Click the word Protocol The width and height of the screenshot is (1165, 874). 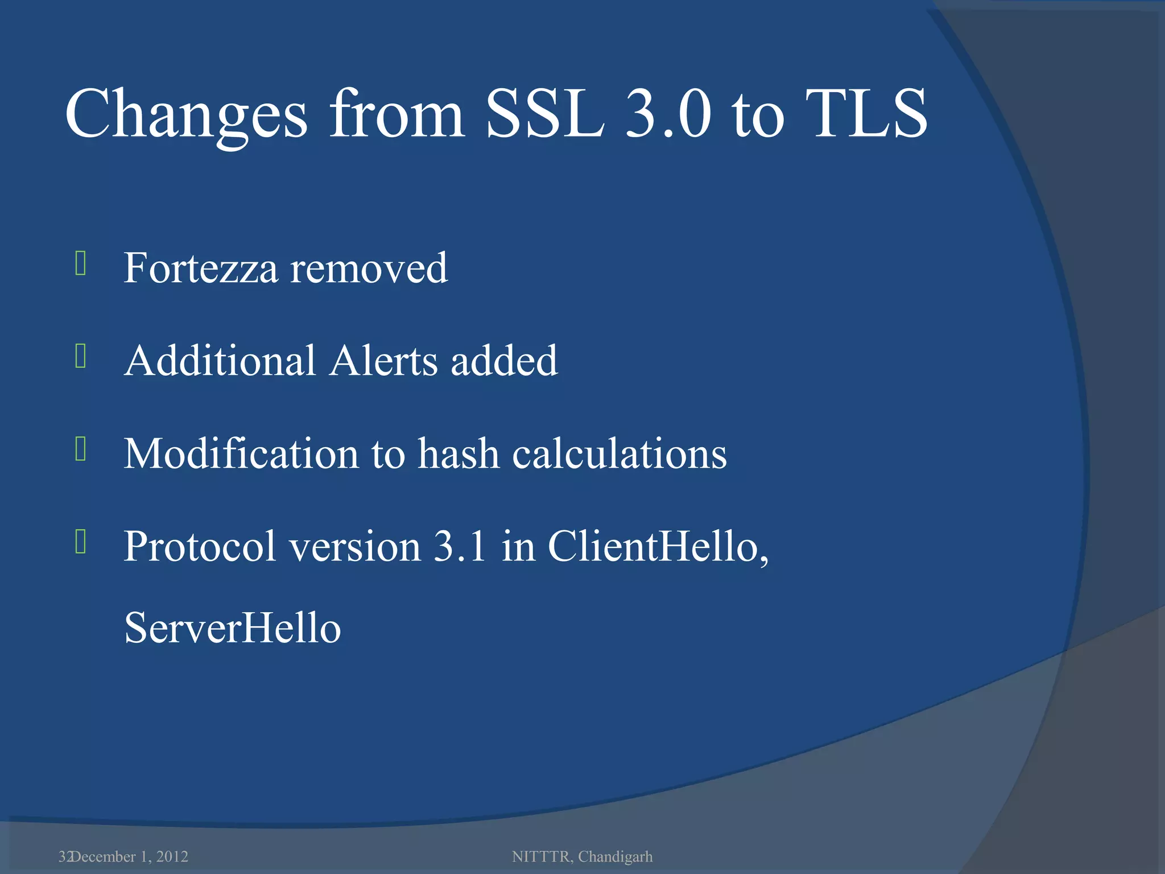click(200, 546)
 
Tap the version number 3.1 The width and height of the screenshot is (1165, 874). click(460, 546)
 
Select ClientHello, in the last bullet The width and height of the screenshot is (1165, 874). click(658, 546)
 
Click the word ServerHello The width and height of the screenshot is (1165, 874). click(232, 628)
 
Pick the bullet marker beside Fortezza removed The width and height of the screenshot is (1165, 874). click(80, 263)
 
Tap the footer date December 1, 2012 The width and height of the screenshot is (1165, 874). click(130, 856)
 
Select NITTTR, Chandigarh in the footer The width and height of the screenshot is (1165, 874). click(582, 856)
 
